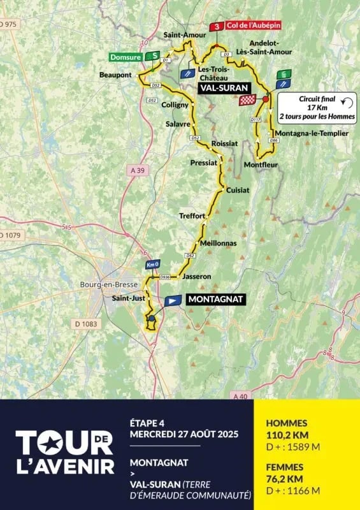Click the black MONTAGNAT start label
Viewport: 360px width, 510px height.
point(215,300)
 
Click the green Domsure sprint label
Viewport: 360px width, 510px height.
point(127,56)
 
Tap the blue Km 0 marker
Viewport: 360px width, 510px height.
point(152,265)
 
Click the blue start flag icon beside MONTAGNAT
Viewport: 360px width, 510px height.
point(173,300)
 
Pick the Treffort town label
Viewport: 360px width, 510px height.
point(192,215)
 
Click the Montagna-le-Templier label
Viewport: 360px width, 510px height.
point(312,133)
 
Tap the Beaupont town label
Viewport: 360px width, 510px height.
point(115,75)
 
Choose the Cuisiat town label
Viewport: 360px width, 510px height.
point(236,190)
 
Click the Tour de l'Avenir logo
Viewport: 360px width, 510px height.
point(65,452)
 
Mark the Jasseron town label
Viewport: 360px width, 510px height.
point(196,276)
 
